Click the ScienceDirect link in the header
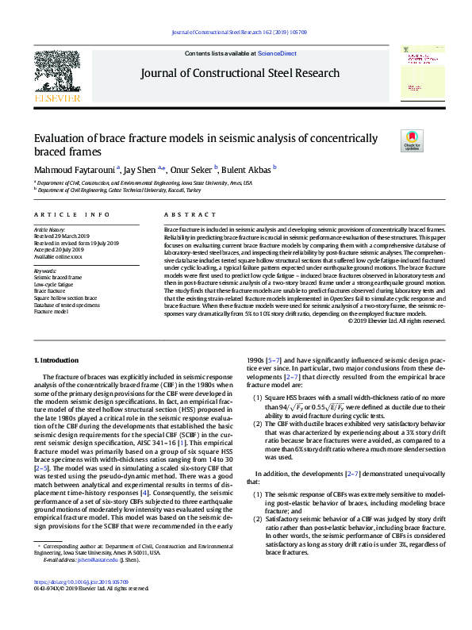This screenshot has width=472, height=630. pos(277,52)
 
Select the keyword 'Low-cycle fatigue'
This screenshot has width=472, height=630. pos(54,283)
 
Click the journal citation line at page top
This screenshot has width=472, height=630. pos(236,33)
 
